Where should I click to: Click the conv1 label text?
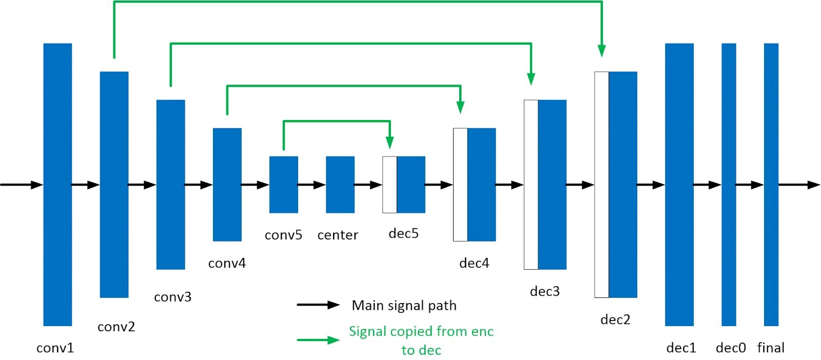pyautogui.click(x=55, y=348)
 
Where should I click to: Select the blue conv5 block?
pyautogui.click(x=284, y=185)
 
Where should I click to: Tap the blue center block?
pyautogui.click(x=340, y=185)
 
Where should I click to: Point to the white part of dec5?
pyautogui.click(x=389, y=185)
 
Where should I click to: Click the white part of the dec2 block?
pyautogui.click(x=601, y=185)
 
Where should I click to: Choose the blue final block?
pyautogui.click(x=771, y=185)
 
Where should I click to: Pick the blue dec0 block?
pyautogui.click(x=729, y=185)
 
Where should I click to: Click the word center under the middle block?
pyautogui.click(x=338, y=235)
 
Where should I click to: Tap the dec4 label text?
pyautogui.click(x=474, y=263)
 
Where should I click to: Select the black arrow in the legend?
pyautogui.click(x=318, y=305)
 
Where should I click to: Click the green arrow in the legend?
pyautogui.click(x=318, y=340)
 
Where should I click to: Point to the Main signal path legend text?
pyautogui.click(x=404, y=306)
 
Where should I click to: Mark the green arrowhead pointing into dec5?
pyautogui.click(x=389, y=143)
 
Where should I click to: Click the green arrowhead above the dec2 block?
pyautogui.click(x=601, y=51)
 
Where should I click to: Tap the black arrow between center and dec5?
pyautogui.click(x=368, y=185)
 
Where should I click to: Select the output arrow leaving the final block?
pyautogui.click(x=799, y=185)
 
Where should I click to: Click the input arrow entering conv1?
pyautogui.click(x=22, y=185)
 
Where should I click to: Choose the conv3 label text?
pyautogui.click(x=172, y=296)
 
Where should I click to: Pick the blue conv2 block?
pyautogui.click(x=114, y=185)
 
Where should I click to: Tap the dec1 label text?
pyautogui.click(x=681, y=348)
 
